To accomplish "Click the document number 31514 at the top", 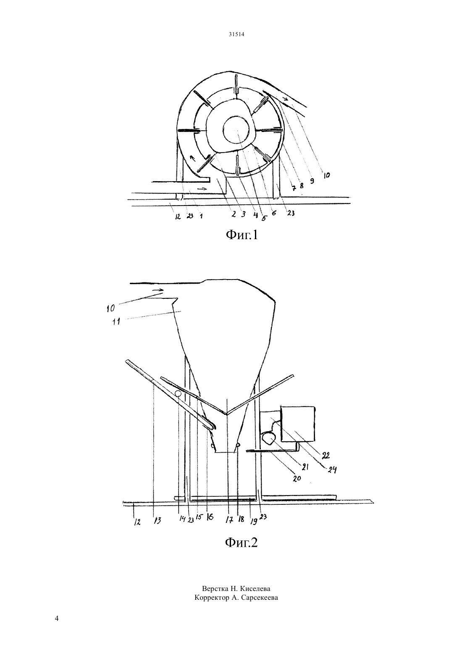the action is click(x=236, y=34).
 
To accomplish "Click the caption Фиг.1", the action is click(x=242, y=235).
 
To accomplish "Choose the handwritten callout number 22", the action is click(x=325, y=456).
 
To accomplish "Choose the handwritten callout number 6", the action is click(x=273, y=214).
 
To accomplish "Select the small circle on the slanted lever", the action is click(x=178, y=393).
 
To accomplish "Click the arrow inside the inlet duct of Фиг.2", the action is click(x=158, y=290).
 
